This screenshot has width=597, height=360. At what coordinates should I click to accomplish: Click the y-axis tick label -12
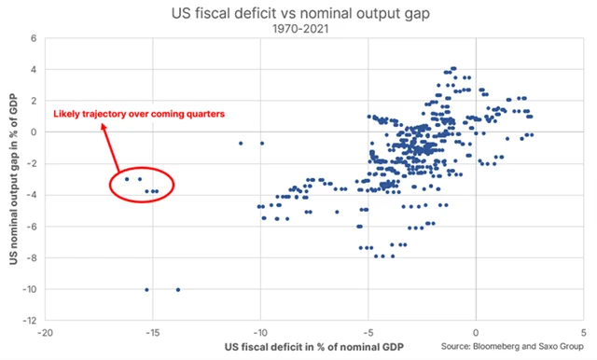pyautogui.click(x=30, y=322)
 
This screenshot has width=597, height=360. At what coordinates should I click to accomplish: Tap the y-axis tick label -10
pyautogui.click(x=30, y=290)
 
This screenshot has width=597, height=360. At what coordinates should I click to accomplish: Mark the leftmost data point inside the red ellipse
pyautogui.click(x=127, y=179)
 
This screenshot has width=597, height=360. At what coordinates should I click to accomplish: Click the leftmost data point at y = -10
pyautogui.click(x=146, y=290)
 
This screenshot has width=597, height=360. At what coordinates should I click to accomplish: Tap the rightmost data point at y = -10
pyautogui.click(x=178, y=290)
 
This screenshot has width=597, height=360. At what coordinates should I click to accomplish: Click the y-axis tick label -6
pyautogui.click(x=32, y=227)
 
